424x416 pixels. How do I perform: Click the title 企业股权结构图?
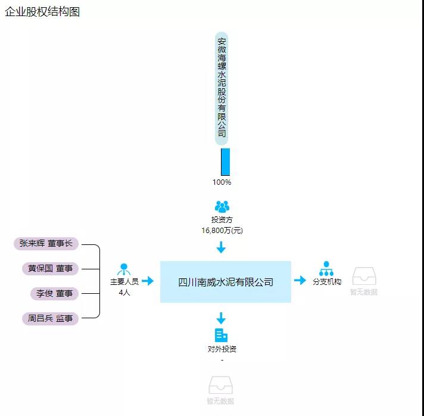tap(42, 12)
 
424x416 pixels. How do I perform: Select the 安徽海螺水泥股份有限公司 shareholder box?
tap(222, 88)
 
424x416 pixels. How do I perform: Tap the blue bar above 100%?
tap(225, 162)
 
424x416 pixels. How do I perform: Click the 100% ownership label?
tap(222, 182)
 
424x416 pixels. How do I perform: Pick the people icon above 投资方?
tap(222, 206)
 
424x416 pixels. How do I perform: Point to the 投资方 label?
tap(222, 220)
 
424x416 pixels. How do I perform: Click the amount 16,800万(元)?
tap(222, 230)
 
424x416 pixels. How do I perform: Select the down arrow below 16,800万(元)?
tap(221, 247)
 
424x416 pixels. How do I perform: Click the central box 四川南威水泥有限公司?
tap(225, 282)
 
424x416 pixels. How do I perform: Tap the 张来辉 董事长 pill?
tap(46, 243)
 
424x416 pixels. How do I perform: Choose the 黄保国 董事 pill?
tap(50, 269)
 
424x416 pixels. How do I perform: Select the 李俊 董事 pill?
tap(54, 293)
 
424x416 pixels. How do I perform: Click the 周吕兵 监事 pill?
tap(50, 318)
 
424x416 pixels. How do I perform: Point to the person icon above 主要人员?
tap(124, 269)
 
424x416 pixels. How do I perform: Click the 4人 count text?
tap(124, 292)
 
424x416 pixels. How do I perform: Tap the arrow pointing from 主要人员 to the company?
tap(148, 281)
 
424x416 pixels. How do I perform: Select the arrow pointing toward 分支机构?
tap(300, 280)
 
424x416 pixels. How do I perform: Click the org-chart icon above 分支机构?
tap(326, 268)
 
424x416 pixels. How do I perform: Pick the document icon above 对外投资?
tap(221, 335)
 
